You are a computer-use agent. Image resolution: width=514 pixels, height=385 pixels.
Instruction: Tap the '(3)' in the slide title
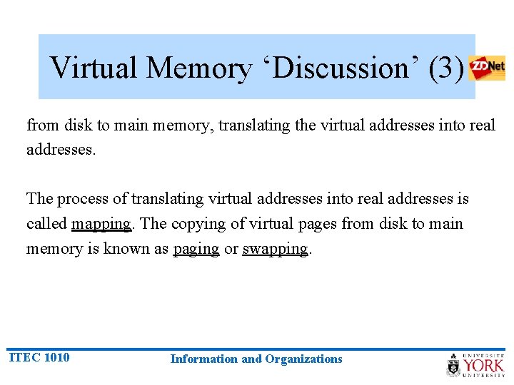pos(447,68)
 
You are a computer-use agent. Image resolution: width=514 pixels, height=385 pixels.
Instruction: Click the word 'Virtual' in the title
pos(94,68)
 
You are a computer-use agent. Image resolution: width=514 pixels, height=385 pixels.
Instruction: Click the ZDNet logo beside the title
pos(487,68)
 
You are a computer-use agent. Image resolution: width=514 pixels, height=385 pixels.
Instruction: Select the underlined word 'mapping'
pos(101,224)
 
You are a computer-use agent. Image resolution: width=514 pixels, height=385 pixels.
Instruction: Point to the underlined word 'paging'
pos(196,249)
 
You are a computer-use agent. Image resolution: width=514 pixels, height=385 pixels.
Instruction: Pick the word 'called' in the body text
pos(47,224)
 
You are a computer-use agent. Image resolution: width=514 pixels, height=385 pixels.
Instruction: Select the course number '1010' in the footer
pos(56,357)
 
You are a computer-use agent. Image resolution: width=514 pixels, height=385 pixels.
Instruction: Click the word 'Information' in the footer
pos(204,359)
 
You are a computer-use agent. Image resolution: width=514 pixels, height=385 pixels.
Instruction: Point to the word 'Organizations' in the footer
pos(303,359)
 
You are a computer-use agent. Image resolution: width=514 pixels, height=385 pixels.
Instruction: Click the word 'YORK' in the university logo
pos(483,366)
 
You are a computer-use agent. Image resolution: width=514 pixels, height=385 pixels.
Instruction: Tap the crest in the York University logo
pos(454,364)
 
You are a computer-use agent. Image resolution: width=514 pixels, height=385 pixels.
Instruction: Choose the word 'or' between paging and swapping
pos(231,249)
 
